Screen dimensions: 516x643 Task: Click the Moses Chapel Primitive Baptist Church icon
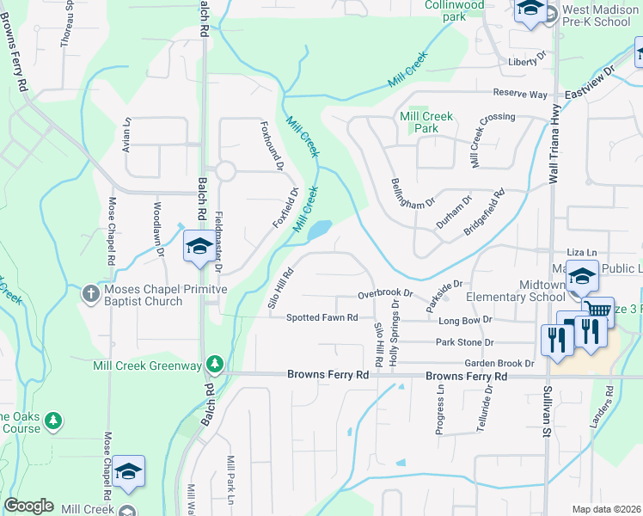[x=92, y=294]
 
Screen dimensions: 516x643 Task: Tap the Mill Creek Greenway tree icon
[x=214, y=365]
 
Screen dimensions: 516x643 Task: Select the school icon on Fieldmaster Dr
[x=199, y=248]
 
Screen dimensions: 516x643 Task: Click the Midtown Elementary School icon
[x=582, y=276]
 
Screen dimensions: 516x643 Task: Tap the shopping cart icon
[x=598, y=310]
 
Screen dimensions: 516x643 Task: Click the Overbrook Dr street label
[x=385, y=294]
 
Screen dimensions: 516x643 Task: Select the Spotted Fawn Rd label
[x=321, y=317]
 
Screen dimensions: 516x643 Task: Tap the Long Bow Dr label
[x=464, y=319]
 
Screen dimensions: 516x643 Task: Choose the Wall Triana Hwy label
[x=555, y=144]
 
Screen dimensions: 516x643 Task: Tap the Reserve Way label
[x=520, y=94]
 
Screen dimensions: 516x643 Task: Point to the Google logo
[x=28, y=506]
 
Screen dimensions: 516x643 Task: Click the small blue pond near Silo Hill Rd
[x=318, y=230]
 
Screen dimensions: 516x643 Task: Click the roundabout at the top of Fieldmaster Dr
[x=225, y=171]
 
